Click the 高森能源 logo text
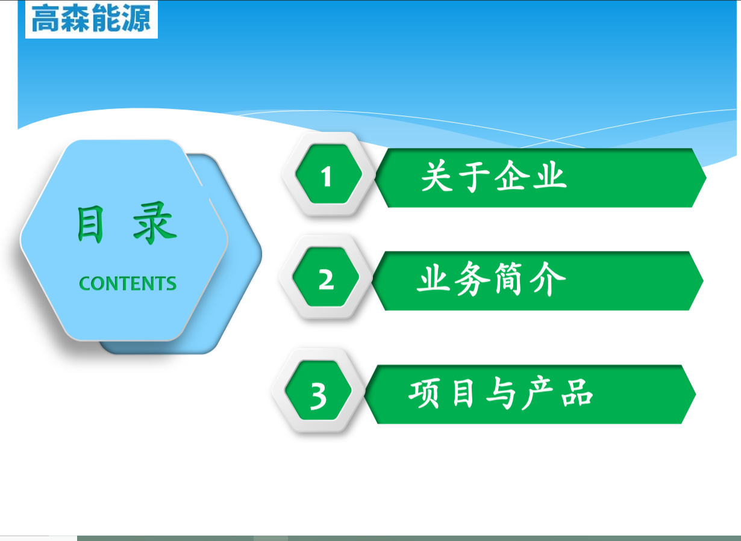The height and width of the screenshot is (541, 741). pyautogui.click(x=91, y=18)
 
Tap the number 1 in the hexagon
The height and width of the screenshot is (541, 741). pyautogui.click(x=326, y=176)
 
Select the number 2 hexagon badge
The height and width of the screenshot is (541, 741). pyautogui.click(x=326, y=277)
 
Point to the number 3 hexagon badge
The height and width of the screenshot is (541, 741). pyautogui.click(x=318, y=391)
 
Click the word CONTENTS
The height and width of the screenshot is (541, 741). pyautogui.click(x=128, y=283)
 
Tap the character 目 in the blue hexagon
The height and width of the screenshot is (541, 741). pyautogui.click(x=90, y=224)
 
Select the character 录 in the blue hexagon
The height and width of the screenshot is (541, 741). pyautogui.click(x=155, y=223)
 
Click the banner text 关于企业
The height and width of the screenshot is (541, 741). pyautogui.click(x=494, y=176)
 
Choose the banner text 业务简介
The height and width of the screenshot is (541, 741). pyautogui.click(x=491, y=279)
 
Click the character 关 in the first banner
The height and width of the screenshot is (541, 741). pyautogui.click(x=437, y=176)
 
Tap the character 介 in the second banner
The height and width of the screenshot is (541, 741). pyautogui.click(x=548, y=279)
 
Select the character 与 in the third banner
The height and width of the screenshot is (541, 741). pyautogui.click(x=501, y=394)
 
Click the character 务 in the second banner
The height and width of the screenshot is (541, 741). pyautogui.click(x=472, y=279)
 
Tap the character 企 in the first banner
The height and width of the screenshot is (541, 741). pyautogui.click(x=510, y=176)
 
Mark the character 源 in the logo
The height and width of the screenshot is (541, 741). pyautogui.click(x=136, y=18)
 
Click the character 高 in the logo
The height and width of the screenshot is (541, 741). pyautogui.click(x=46, y=19)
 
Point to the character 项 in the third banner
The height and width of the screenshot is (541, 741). pyautogui.click(x=424, y=394)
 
